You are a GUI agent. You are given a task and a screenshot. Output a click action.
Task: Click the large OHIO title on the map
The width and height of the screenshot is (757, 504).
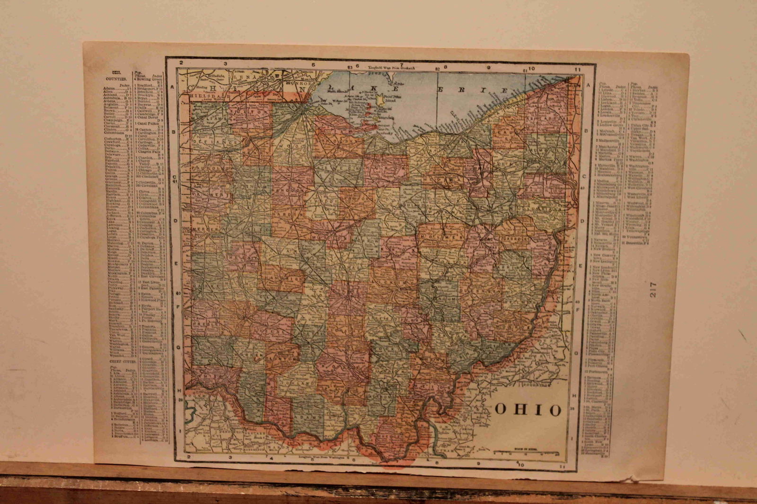pos(528,409)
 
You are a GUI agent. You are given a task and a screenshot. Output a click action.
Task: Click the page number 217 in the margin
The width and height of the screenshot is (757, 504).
pos(653,289)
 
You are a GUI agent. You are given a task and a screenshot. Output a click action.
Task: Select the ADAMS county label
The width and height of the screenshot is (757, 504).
pos(308,419)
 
